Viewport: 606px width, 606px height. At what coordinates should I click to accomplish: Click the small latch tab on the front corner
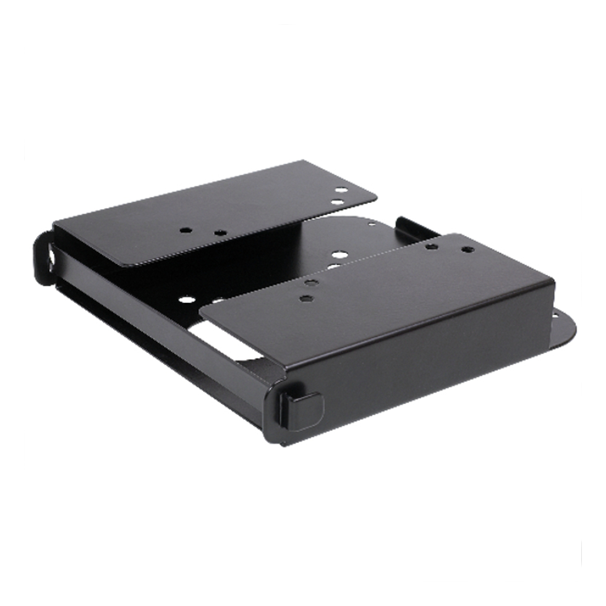point(302,410)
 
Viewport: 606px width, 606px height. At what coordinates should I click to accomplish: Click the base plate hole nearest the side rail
point(187,300)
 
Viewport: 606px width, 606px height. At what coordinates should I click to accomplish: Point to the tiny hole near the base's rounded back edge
point(372,224)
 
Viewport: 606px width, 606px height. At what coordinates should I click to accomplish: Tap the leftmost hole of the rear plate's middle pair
point(185,230)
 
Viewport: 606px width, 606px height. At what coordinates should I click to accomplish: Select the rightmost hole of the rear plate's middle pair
point(220,233)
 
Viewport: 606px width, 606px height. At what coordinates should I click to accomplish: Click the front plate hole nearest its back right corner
point(467,250)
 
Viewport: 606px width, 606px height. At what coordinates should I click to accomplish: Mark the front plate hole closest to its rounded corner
point(305,298)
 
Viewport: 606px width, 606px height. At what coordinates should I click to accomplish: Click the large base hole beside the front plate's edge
point(338,254)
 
